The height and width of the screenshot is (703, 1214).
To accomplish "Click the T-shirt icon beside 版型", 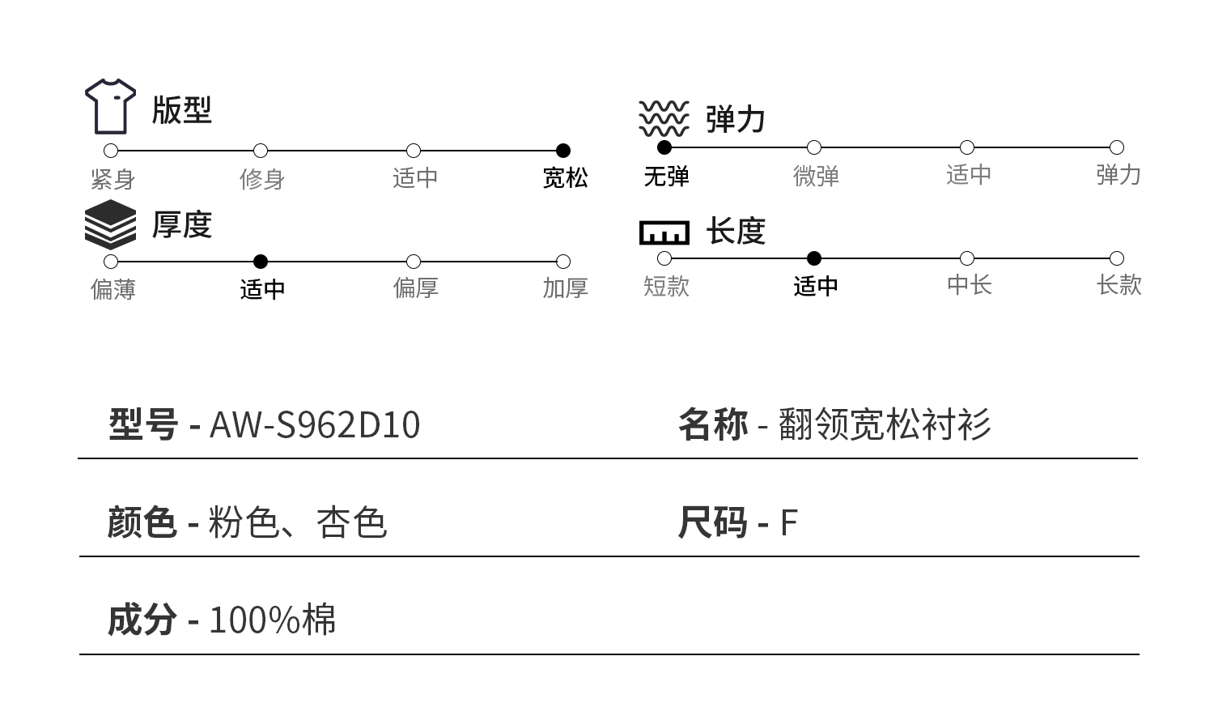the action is click(111, 106).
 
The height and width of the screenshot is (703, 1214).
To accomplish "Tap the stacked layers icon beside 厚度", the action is click(111, 224).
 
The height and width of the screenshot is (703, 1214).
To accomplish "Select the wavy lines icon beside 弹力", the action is click(664, 118).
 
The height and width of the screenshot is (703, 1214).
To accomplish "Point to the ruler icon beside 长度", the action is click(664, 232).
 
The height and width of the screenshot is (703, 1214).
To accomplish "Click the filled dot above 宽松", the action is click(563, 151).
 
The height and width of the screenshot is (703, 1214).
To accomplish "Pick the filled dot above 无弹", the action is click(664, 147).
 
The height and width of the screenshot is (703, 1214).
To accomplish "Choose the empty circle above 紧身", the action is click(112, 151).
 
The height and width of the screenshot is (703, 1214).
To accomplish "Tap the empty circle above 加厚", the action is click(563, 262).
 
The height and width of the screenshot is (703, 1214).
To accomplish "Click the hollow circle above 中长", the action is click(966, 258).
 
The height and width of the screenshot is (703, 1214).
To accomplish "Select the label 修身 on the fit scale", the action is click(262, 179).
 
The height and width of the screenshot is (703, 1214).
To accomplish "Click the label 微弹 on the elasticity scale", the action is click(816, 176).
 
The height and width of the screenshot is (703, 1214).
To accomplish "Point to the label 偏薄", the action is click(113, 289).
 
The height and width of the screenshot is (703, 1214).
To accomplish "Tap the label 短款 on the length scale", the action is click(666, 286).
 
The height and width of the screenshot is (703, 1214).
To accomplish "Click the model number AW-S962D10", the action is click(315, 425).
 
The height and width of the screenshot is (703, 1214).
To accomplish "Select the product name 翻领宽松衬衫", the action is click(885, 424).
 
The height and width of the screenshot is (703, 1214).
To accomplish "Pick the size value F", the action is click(789, 523).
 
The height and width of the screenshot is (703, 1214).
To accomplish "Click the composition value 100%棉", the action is click(272, 620).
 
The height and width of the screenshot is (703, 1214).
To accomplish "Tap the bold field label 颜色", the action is click(142, 522).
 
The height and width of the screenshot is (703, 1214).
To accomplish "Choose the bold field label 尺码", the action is click(712, 522).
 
